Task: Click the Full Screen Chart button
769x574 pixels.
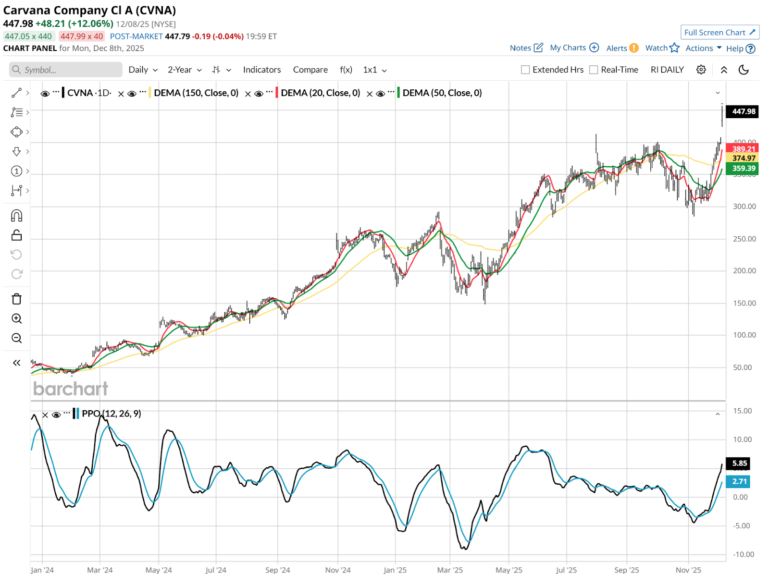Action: pos(719,32)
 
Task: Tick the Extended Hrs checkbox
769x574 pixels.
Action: pos(525,70)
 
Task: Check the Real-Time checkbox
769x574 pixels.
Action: pos(594,70)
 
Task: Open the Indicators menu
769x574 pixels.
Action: pos(261,70)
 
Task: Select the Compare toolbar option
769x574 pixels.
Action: pos(310,70)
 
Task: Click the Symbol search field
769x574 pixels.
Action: pos(65,70)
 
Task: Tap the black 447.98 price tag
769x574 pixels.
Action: pos(743,111)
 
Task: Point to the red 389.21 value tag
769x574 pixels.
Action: pos(743,149)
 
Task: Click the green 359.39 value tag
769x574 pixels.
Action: pos(743,168)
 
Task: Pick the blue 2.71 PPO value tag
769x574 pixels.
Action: pos(739,481)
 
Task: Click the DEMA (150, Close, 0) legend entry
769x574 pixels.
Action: pos(196,93)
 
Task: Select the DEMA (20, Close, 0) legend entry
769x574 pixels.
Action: pos(320,93)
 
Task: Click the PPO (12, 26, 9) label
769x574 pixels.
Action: pos(111,414)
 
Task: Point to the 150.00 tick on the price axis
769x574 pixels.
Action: pos(744,303)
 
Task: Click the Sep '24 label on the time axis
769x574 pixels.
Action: pos(277,570)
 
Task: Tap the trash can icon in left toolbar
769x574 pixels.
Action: pos(16,299)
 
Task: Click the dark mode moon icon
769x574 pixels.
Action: pos(743,70)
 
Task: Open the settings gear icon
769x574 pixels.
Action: pos(701,70)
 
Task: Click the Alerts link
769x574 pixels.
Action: pos(617,48)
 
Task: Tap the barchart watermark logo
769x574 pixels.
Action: pos(71,389)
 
